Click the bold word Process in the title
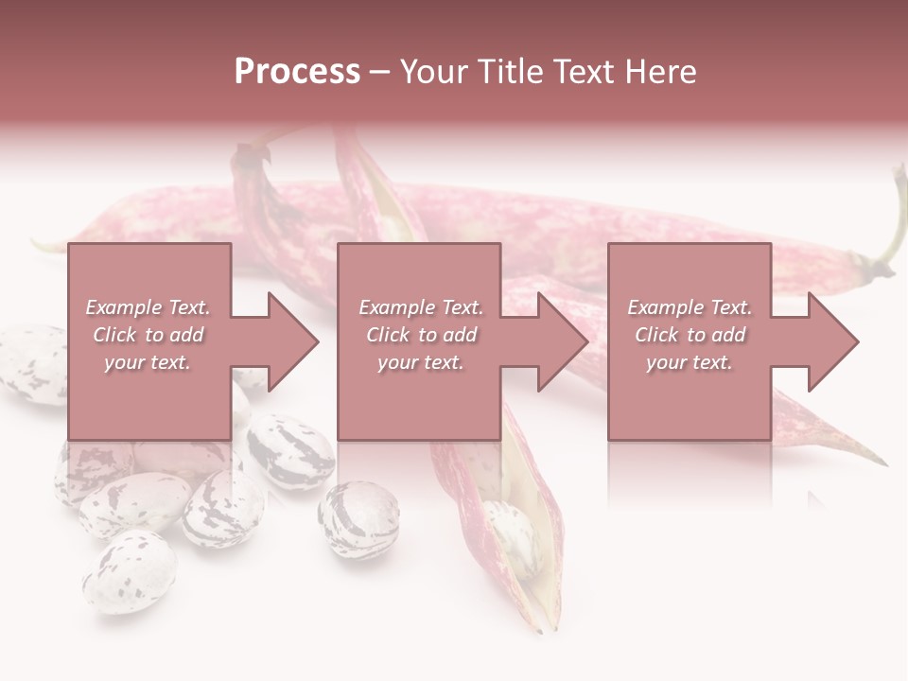(x=297, y=72)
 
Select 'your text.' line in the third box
(x=690, y=362)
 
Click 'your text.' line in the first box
(x=148, y=362)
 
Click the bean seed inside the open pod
(x=510, y=539)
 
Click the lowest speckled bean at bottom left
(x=129, y=570)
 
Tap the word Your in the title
(x=431, y=72)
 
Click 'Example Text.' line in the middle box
(x=421, y=307)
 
